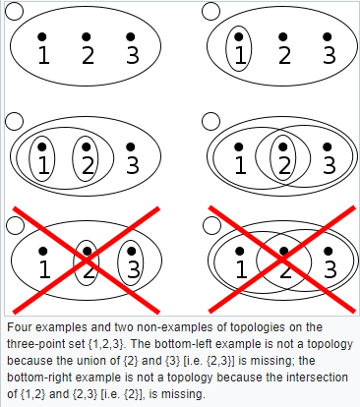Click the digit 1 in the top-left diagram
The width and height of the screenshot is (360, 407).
tap(44, 55)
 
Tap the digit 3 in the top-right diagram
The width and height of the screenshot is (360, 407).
tap(330, 55)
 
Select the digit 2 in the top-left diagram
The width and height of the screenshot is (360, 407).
tap(88, 55)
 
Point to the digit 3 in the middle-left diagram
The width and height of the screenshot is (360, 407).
tap(133, 165)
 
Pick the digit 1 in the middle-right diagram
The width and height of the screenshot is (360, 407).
tap(241, 165)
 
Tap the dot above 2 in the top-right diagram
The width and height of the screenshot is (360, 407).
tap(283, 36)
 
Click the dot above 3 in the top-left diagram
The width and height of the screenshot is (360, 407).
tap(131, 36)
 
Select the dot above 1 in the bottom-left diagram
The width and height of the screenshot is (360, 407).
tap(43, 252)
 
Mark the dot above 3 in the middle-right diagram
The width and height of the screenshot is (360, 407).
tap(328, 146)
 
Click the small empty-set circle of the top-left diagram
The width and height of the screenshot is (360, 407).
tap(15, 11)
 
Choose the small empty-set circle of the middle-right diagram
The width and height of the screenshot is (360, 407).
tap(210, 121)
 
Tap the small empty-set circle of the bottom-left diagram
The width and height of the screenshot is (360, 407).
tap(15, 225)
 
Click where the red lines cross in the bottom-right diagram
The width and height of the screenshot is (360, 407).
tap(282, 260)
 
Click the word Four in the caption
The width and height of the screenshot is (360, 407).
tap(20, 327)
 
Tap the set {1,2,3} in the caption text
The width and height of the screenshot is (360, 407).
tap(106, 344)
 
